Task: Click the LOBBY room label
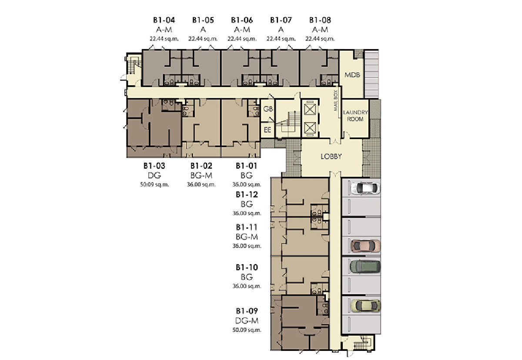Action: coord(331,157)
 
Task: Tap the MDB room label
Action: coord(352,75)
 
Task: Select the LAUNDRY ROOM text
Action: coord(355,116)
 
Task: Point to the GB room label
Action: coord(268,109)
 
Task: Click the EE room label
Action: coord(268,130)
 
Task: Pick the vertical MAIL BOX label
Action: coord(336,100)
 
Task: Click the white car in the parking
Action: coord(365,188)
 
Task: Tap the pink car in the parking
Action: coord(365,246)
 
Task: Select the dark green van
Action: coord(365,267)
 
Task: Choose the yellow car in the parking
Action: coord(365,306)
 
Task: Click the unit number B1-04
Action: coord(164,20)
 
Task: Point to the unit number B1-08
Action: coord(320,20)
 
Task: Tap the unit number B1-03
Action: coord(154,166)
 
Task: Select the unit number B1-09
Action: coord(247,311)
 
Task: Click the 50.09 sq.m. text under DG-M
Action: coord(247,330)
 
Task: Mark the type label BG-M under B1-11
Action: coord(247,237)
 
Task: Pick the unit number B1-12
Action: coord(247,194)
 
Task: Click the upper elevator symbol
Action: coord(310,109)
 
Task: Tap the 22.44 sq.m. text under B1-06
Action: coord(242,39)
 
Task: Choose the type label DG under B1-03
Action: coord(154,175)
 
